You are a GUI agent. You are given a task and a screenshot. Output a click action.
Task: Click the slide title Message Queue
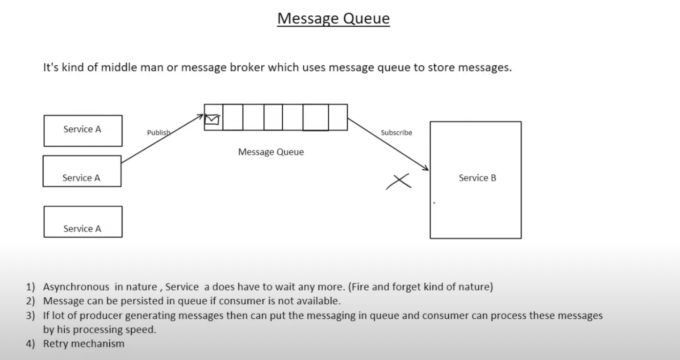click(x=333, y=19)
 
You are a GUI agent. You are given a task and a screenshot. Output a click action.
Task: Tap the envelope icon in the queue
click(x=212, y=120)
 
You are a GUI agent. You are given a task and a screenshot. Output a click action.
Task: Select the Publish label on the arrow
click(x=158, y=133)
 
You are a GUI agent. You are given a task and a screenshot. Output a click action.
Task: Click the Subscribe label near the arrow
click(x=396, y=133)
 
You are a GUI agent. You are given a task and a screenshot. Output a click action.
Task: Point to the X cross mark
click(x=399, y=181)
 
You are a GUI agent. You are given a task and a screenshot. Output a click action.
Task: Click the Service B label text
click(x=477, y=178)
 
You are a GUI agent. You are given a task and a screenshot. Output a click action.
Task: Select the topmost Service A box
click(x=83, y=130)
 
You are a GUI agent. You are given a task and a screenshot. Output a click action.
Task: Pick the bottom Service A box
click(x=83, y=222)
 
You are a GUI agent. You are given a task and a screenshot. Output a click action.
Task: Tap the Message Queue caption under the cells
click(x=271, y=152)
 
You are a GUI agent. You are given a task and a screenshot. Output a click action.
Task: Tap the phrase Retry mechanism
click(x=83, y=344)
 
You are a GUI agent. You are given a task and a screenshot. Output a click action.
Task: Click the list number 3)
click(x=30, y=315)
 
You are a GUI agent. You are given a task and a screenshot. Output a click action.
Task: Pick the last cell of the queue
click(x=338, y=117)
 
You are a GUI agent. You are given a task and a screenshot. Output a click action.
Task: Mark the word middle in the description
click(x=119, y=67)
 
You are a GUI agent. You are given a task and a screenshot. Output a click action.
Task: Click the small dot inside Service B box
click(x=434, y=203)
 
